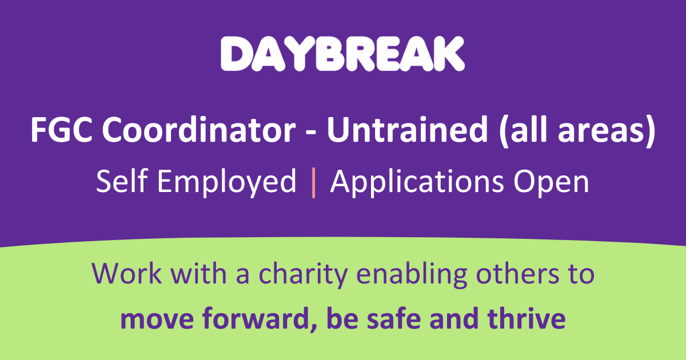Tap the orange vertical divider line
313,182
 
